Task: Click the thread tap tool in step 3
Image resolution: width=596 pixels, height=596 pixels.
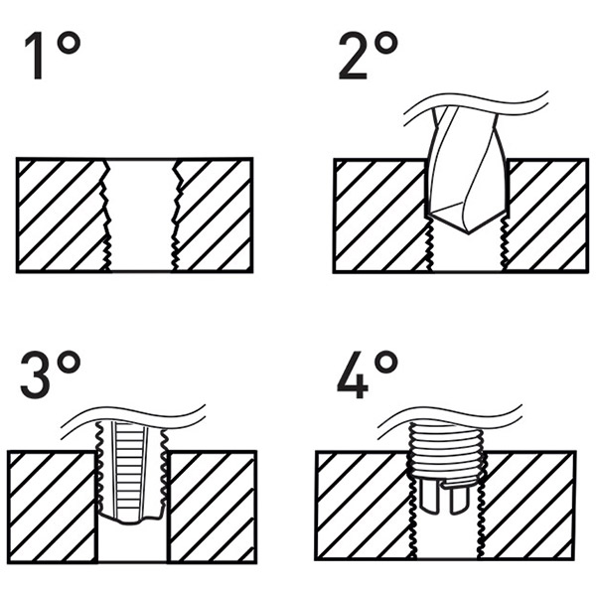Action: click(x=132, y=472)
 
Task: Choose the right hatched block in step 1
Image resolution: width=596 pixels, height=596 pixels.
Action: click(x=215, y=214)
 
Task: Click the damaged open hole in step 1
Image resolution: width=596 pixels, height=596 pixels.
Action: click(x=139, y=214)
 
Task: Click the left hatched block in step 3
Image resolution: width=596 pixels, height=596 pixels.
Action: click(x=51, y=507)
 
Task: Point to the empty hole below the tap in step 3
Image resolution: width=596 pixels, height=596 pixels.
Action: click(x=132, y=544)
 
